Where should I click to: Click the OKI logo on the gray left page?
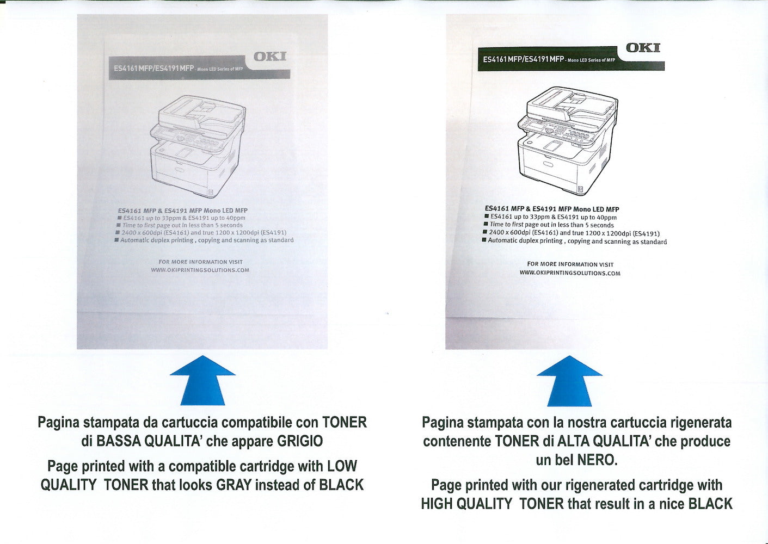click(269, 57)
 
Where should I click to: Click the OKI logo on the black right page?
click(643, 48)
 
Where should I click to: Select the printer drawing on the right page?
click(568, 140)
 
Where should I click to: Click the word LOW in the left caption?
click(342, 466)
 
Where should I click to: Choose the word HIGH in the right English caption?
click(437, 504)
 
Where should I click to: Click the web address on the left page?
click(200, 270)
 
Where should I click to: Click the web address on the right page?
click(570, 273)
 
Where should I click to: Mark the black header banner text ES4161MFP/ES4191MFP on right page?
click(523, 59)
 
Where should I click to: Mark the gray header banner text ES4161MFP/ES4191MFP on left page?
click(153, 69)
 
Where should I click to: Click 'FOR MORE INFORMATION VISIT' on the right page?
click(570, 264)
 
